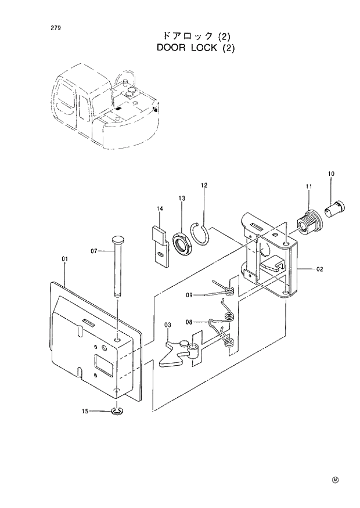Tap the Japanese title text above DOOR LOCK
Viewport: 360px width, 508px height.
(196, 35)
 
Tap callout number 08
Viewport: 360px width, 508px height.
(189, 322)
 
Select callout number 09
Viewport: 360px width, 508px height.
(189, 295)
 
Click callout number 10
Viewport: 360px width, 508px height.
(331, 174)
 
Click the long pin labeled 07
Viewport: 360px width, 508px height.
(118, 268)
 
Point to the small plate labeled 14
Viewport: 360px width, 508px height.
(160, 243)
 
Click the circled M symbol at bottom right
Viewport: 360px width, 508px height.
(335, 480)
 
